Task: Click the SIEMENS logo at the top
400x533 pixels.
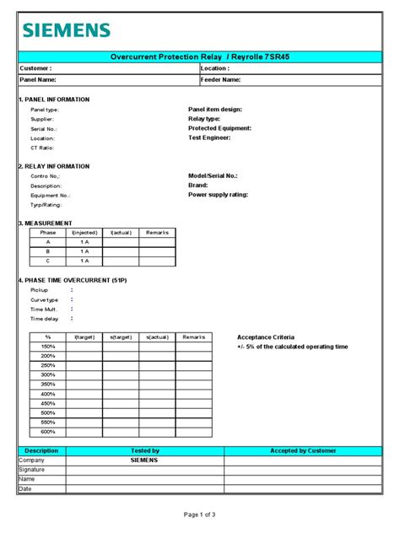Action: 66,30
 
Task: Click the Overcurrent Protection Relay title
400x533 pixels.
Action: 199,56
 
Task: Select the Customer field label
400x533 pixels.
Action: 36,68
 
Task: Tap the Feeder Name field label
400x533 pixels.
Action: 221,79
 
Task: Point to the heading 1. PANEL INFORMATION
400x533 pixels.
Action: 54,100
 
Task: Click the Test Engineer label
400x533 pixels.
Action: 210,137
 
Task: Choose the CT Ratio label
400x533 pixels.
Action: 42,148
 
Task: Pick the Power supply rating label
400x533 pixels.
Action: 218,195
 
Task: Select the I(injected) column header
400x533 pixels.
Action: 84,232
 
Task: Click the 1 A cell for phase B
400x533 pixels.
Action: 84,251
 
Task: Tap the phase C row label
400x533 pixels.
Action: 48,261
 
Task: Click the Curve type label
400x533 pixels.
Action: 45,299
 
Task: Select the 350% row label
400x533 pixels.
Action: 48,384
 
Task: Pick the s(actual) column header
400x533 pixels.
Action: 158,336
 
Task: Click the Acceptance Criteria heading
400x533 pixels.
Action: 265,336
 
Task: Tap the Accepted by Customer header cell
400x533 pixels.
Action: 301,451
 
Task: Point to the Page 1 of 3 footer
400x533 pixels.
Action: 200,514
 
